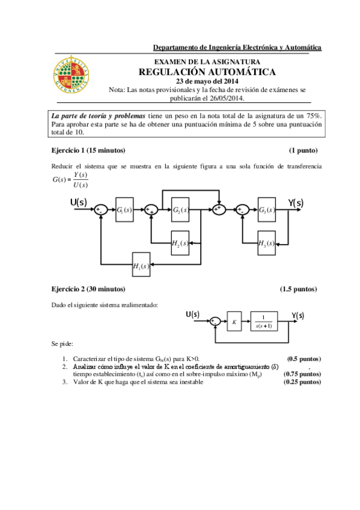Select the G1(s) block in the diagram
coord(124,210)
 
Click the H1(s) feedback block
coord(142,265)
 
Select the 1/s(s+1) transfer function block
coord(263,322)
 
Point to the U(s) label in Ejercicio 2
coord(193,314)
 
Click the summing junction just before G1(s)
coord(101,210)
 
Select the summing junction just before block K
coord(215,322)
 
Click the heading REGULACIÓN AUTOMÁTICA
coord(207,72)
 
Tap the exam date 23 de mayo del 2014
coord(207,82)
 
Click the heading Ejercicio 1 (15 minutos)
coord(88,150)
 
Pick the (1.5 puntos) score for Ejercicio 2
coord(298,289)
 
